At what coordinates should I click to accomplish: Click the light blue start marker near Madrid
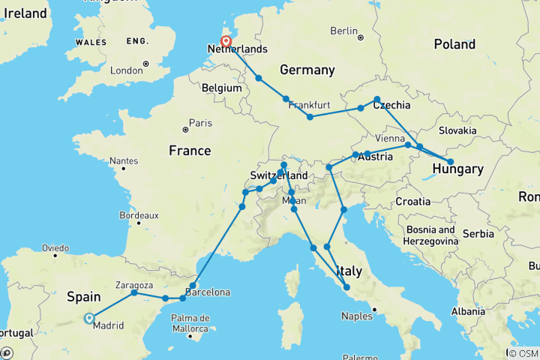pos(89,317)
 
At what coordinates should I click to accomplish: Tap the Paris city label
pos(199,123)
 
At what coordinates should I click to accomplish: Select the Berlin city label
pos(344,31)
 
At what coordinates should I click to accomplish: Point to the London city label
pos(125,70)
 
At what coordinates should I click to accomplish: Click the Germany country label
pos(307,70)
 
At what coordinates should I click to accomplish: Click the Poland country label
pos(454,44)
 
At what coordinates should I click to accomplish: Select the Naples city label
pos(357,316)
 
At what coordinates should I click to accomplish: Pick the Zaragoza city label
pos(136,285)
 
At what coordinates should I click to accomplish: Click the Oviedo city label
pos(55,247)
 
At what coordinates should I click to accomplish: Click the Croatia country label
pos(413,201)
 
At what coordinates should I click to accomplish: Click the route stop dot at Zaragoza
pos(135,292)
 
